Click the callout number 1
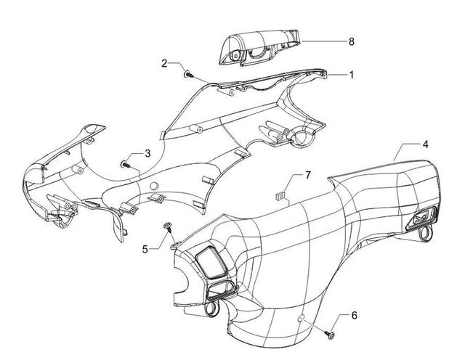[x=352, y=75]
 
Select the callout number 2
[x=164, y=63]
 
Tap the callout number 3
[x=147, y=153]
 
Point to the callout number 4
[x=425, y=144]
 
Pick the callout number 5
[x=145, y=250]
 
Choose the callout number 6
[x=354, y=316]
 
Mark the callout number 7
[x=308, y=176]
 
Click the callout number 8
[x=352, y=42]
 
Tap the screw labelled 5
[x=168, y=226]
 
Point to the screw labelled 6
[x=331, y=335]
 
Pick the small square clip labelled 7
[x=279, y=196]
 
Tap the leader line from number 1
[x=338, y=75]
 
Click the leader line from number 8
[x=323, y=41]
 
